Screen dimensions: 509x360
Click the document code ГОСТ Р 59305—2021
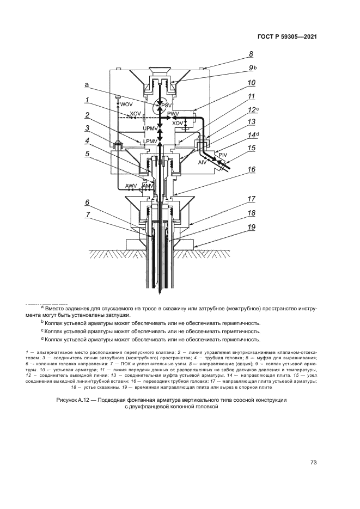coord(286,37)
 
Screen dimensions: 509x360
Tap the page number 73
coord(313,463)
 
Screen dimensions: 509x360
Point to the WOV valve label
coord(126,104)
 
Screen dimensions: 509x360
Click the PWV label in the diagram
coord(174,113)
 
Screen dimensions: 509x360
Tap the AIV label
coord(202,162)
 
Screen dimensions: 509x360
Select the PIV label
coord(222,155)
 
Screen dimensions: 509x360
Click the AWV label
coord(131,186)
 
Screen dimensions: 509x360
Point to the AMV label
coord(148,186)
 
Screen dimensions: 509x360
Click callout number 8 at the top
coord(251,54)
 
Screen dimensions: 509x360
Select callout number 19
coord(251,227)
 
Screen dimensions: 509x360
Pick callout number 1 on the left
coord(86,100)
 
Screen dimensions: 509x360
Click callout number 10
coord(251,83)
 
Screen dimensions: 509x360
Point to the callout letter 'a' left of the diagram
coord(86,85)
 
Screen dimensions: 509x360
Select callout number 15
coord(251,148)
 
